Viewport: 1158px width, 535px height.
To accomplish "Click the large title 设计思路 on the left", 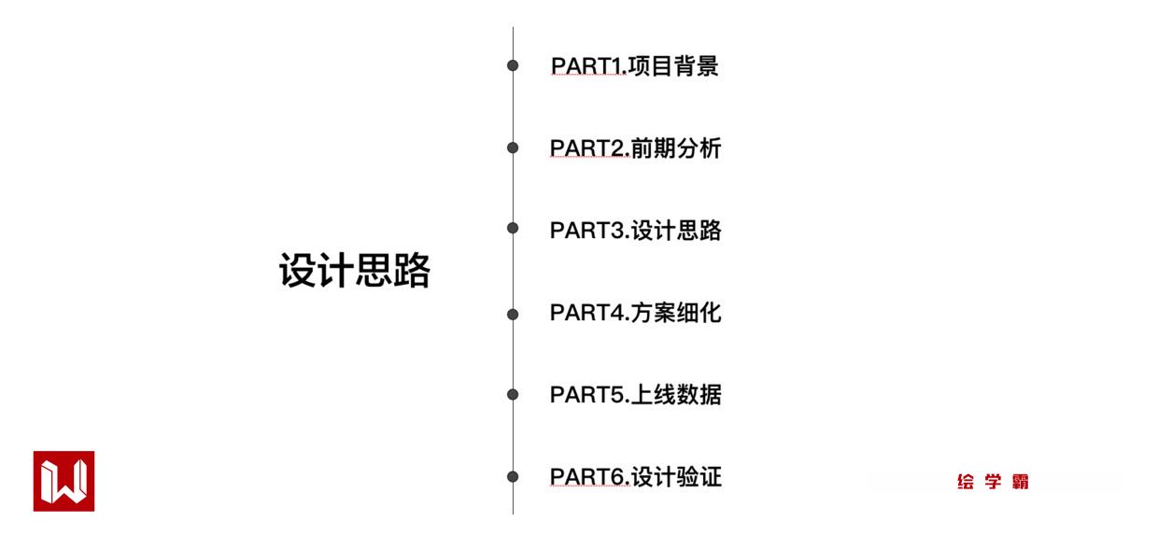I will (355, 272).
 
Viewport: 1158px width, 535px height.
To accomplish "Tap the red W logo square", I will (64, 481).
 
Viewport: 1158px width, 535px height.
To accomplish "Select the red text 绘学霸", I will (993, 483).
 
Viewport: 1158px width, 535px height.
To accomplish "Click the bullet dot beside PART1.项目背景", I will (513, 66).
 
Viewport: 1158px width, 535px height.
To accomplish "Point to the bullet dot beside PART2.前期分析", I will (513, 148).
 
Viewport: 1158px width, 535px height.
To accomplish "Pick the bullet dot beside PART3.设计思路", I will (513, 228).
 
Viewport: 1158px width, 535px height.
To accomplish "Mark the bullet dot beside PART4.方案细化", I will (513, 315).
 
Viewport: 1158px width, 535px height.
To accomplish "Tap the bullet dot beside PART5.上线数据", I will (513, 395).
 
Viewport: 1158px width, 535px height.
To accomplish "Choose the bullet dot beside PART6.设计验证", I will (513, 477).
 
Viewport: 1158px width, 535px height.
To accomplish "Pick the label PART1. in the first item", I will (589, 66).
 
